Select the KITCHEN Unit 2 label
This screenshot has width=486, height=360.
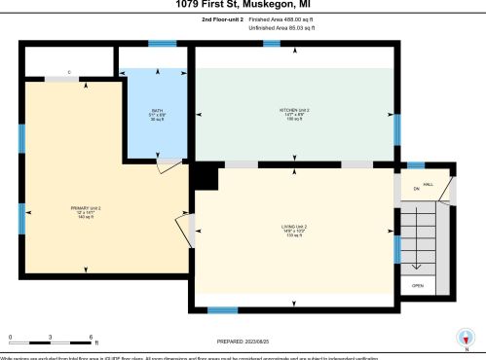coord(294,114)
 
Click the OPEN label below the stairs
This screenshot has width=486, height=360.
coord(417,285)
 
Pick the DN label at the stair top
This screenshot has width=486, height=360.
coord(416,188)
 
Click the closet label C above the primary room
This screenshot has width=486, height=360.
coord(69,73)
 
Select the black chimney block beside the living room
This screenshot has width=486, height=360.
coord(206,176)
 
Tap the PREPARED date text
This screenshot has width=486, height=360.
coord(243,342)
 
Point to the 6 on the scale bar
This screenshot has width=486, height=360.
coord(91,337)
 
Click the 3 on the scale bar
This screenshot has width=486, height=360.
coord(50,337)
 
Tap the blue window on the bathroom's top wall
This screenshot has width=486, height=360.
coord(162,43)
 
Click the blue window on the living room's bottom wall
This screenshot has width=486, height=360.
coord(223,309)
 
